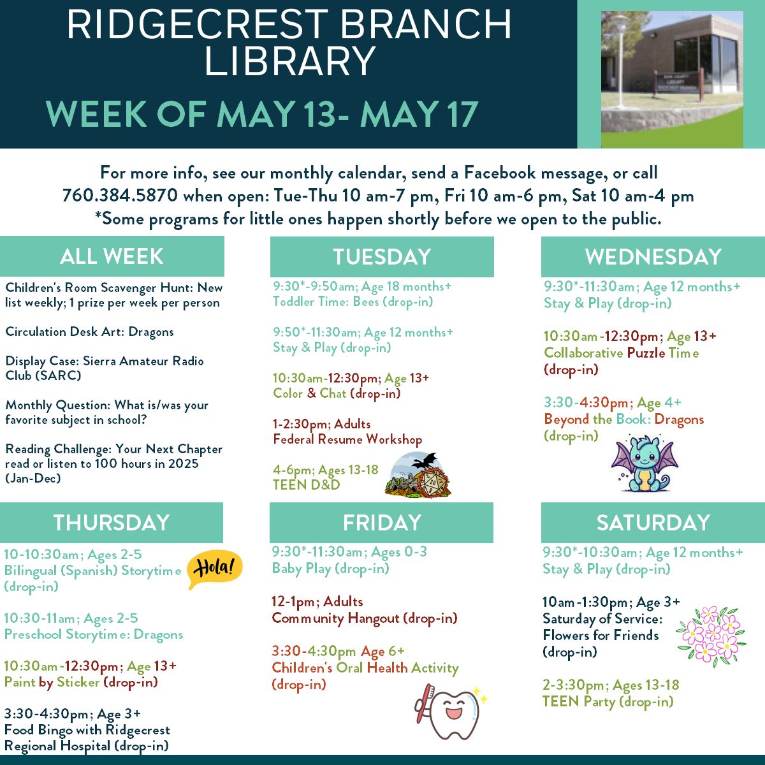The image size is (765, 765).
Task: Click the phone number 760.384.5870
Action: tap(120, 195)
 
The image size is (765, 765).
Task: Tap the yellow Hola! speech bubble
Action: tap(214, 569)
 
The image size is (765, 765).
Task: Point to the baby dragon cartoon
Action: tap(644, 463)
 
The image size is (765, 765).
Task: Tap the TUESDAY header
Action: tap(382, 257)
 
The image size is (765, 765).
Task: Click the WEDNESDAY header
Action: tap(653, 257)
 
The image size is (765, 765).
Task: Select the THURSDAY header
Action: tap(112, 523)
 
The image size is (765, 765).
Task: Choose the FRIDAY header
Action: tap(381, 523)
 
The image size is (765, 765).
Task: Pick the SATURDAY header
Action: tap(653, 523)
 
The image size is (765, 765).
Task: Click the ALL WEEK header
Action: tap(112, 256)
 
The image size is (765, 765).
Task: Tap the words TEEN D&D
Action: tap(307, 484)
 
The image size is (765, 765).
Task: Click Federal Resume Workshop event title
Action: tap(347, 439)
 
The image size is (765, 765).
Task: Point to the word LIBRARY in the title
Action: tap(289, 61)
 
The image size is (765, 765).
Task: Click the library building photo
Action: tap(672, 79)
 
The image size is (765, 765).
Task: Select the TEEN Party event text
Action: tap(608, 702)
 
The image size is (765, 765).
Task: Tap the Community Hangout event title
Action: tap(365, 618)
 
